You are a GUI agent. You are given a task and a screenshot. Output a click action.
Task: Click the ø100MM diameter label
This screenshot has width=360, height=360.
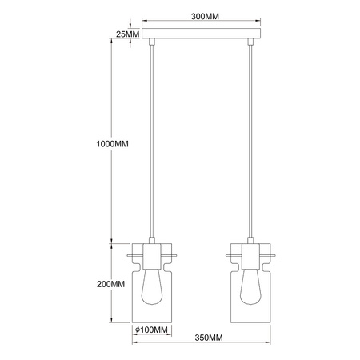[151, 330]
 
